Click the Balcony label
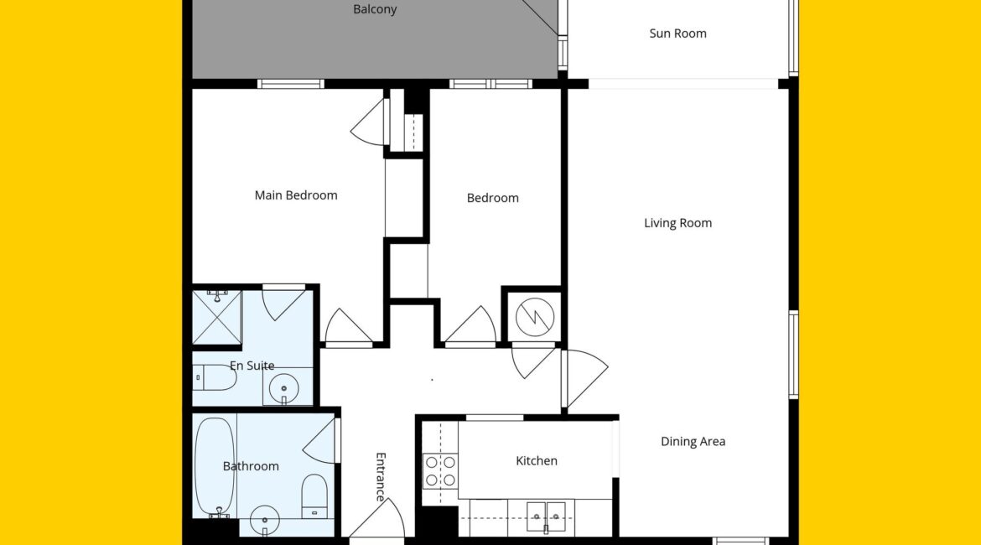pyautogui.click(x=375, y=9)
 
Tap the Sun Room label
pyautogui.click(x=677, y=34)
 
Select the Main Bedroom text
pyautogui.click(x=296, y=195)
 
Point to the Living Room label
pyautogui.click(x=677, y=223)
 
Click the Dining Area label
pyautogui.click(x=693, y=442)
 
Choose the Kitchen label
pyautogui.click(x=536, y=461)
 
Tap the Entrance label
pyautogui.click(x=381, y=477)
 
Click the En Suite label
pyautogui.click(x=252, y=366)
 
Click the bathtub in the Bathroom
pyautogui.click(x=215, y=467)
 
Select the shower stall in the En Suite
pyautogui.click(x=216, y=317)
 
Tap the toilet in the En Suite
pyautogui.click(x=213, y=378)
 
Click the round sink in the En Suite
pyautogui.click(x=283, y=389)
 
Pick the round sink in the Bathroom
pyautogui.click(x=265, y=520)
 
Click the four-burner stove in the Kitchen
pyautogui.click(x=440, y=471)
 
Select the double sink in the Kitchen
pyautogui.click(x=546, y=516)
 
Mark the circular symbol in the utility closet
pyautogui.click(x=535, y=317)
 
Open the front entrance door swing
pyautogui.click(x=377, y=518)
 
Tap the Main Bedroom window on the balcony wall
pyautogui.click(x=291, y=84)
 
